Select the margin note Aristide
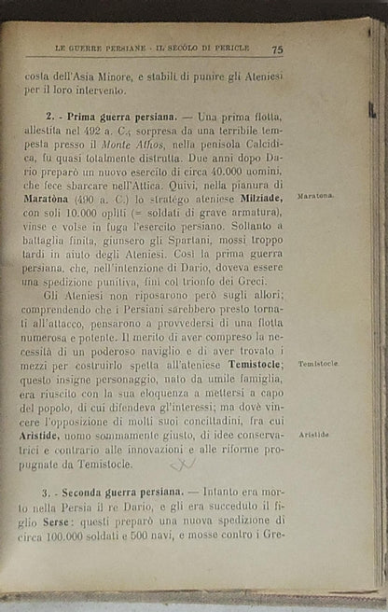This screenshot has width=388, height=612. click(314, 435)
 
